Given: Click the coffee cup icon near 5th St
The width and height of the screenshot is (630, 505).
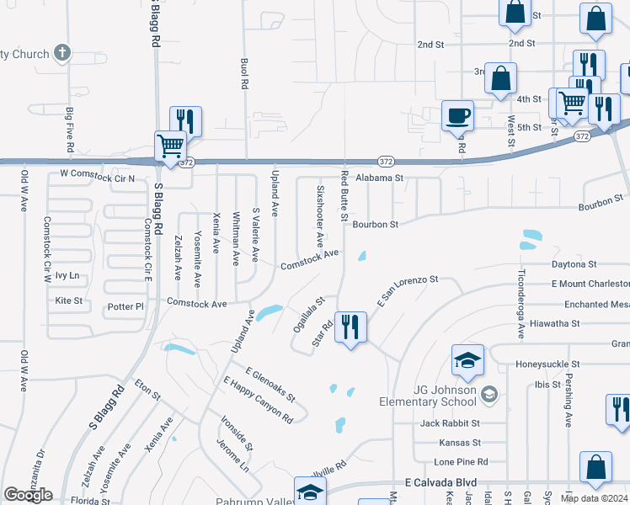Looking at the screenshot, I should pos(458,114).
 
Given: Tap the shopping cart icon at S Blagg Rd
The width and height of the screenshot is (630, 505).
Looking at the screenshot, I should pos(170,146).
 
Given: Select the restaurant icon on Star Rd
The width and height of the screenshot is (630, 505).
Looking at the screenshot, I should pos(351,326).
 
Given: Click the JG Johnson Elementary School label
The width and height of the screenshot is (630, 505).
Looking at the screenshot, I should pos(435,394).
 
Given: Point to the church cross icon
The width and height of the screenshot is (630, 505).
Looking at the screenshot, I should pos(61,54).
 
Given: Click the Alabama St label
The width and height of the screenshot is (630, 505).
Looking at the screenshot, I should pos(380,178).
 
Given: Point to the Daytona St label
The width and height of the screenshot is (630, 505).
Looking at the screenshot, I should pos(574,264).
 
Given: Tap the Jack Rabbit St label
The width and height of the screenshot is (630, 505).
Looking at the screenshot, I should pos(451,423).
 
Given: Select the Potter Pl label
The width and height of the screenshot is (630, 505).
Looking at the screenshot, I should pos(126,307).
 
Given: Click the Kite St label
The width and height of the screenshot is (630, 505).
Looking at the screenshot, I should pos(68,300).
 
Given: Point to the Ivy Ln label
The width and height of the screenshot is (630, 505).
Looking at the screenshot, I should pos(67,275).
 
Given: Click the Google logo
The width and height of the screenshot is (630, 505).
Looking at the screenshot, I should pos(28,495).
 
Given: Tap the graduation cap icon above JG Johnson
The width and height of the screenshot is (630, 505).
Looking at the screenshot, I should pos(467,360).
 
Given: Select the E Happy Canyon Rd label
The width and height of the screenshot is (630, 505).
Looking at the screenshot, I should pos(258,400).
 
